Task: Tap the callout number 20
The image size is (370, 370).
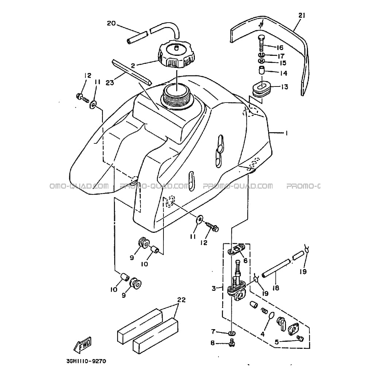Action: (111, 23)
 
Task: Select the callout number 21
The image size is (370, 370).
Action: (302, 16)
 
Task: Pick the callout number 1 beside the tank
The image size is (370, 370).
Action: (286, 133)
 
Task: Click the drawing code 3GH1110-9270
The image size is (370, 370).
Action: (86, 361)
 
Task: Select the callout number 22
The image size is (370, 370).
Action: (181, 300)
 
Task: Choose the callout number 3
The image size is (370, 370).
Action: (213, 288)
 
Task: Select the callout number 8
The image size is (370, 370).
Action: (213, 343)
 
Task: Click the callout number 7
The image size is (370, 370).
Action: (213, 332)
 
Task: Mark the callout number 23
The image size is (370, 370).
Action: (110, 82)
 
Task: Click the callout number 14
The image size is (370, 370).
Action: (284, 73)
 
